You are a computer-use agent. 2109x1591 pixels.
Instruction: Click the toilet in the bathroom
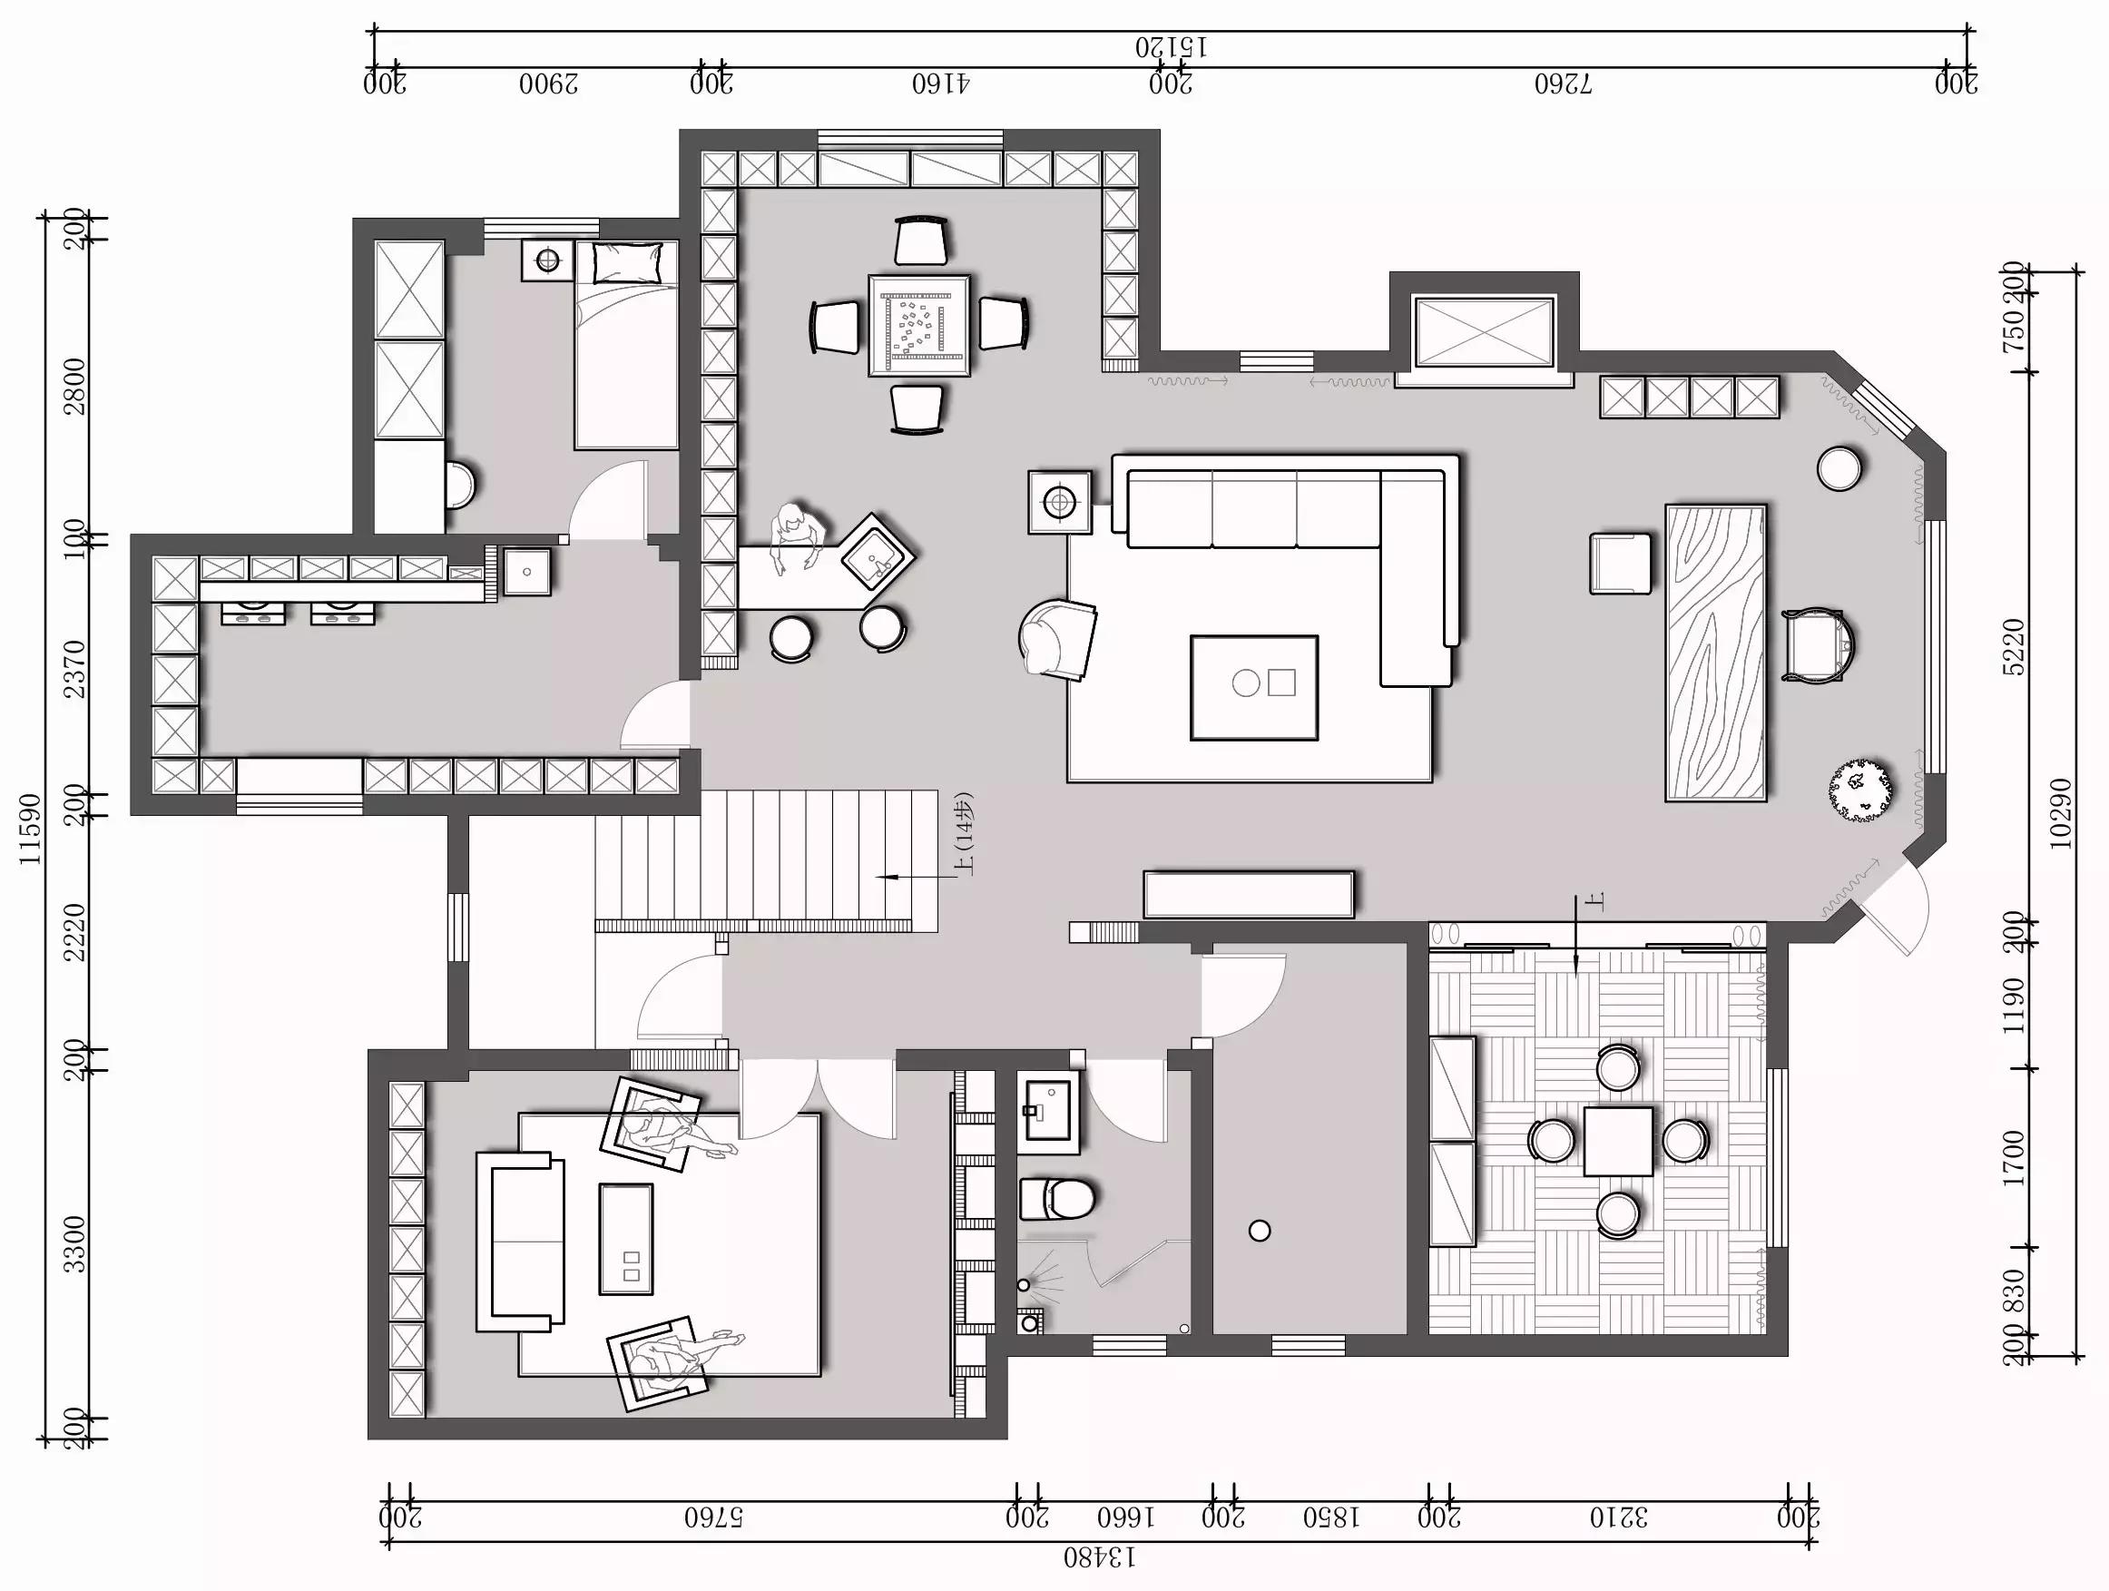tap(1056, 1198)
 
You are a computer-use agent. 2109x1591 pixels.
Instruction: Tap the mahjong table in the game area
tap(919, 325)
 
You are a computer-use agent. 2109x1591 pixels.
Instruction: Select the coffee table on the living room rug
tap(1254, 687)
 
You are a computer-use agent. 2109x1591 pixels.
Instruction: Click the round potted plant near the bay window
tap(1860, 790)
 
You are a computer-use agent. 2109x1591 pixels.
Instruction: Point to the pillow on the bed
tap(627, 262)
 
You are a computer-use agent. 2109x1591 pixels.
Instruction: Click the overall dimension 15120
tap(1171, 45)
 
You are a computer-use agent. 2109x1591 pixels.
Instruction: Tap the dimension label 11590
tap(32, 829)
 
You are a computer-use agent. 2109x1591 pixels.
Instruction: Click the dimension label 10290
tap(2060, 813)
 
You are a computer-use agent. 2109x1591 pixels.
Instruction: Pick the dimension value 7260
tap(1563, 83)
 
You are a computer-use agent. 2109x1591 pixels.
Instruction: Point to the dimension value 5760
tap(713, 1517)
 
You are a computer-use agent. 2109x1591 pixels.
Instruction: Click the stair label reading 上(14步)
tap(965, 834)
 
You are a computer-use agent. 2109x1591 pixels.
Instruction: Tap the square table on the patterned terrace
tap(1618, 1140)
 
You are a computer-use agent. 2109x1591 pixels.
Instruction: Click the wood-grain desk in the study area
tap(1715, 653)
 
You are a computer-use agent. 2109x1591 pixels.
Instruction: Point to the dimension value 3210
tap(1618, 1517)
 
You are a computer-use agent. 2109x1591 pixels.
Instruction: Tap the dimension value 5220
tap(2014, 646)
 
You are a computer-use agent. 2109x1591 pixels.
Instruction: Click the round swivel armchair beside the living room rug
tap(1056, 639)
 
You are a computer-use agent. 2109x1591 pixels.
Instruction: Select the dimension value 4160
tap(940, 83)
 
